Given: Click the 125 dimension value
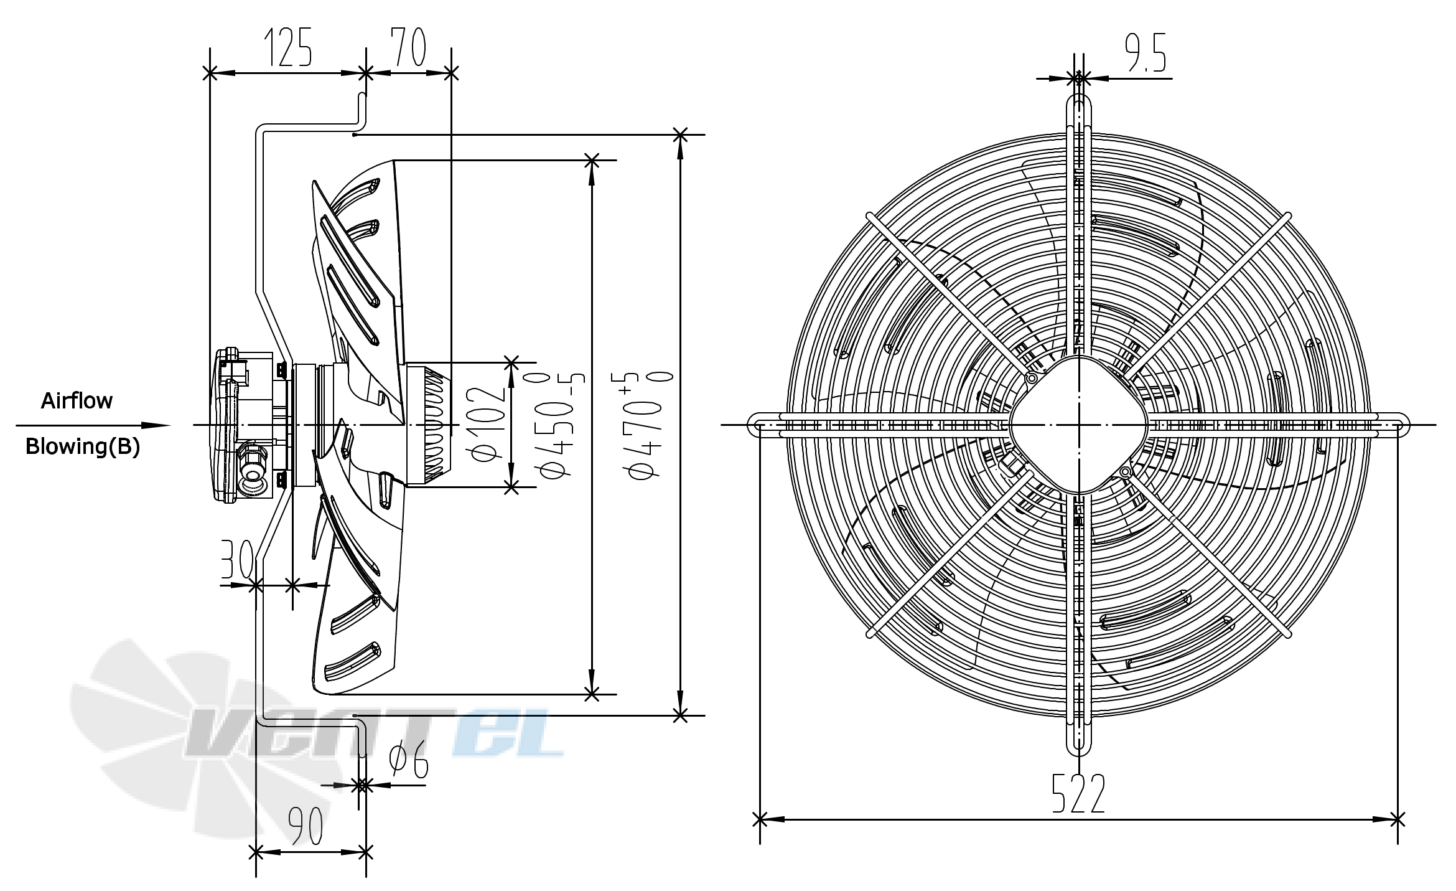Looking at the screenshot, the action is point(288,47).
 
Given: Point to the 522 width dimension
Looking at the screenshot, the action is point(1078,793).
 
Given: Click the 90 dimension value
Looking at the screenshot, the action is point(306,826).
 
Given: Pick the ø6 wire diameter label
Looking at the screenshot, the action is point(409,759).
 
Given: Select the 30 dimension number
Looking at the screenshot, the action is point(236,559).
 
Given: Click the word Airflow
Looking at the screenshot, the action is point(77,400).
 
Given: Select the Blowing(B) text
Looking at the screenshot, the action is point(83,446).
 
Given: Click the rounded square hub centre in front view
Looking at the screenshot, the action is point(1078,425).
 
